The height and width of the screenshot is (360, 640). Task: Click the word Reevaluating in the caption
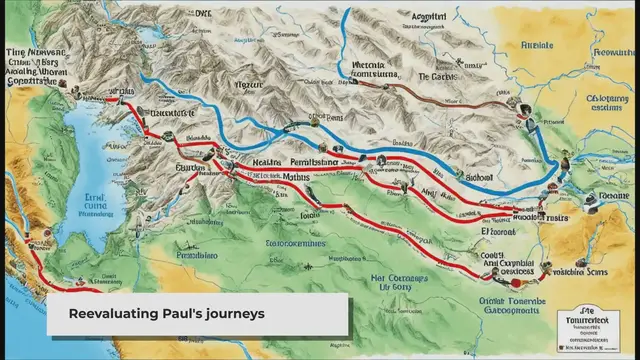coord(112,314)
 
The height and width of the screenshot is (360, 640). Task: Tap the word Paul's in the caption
coord(182,314)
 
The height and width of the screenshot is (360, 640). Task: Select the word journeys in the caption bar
coord(235,314)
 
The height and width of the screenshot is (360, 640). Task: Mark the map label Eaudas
coord(190,171)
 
